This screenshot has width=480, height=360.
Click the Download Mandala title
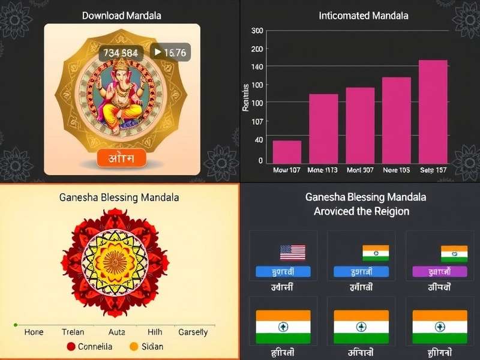122,16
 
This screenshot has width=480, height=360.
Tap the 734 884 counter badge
120,53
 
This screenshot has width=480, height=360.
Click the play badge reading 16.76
170,53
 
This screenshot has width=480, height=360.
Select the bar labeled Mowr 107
287,152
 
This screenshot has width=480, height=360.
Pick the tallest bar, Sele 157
433,112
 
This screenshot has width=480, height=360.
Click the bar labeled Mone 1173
323,128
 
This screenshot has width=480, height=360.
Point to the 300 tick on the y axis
257,31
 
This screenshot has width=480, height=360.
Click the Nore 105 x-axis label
396,170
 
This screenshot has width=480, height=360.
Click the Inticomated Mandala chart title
364,16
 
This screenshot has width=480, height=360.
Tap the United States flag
293,252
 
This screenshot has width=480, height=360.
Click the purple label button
440,271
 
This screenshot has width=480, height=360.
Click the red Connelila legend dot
71,346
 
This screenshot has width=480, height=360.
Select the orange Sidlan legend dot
134,346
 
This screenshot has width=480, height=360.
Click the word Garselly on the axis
193,332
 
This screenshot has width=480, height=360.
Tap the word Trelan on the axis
73,332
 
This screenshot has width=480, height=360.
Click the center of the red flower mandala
113,262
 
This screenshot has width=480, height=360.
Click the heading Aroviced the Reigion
361,211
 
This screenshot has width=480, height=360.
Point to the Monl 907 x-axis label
360,170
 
